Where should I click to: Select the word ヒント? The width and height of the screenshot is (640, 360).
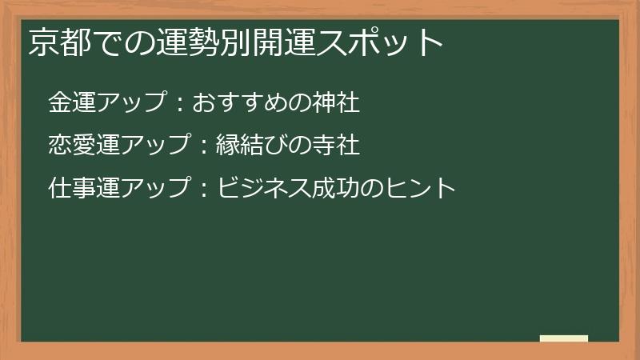coord(420,189)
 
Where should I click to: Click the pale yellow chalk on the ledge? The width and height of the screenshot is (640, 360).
coord(564,339)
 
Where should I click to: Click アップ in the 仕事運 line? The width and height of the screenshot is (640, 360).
coord(156,189)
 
